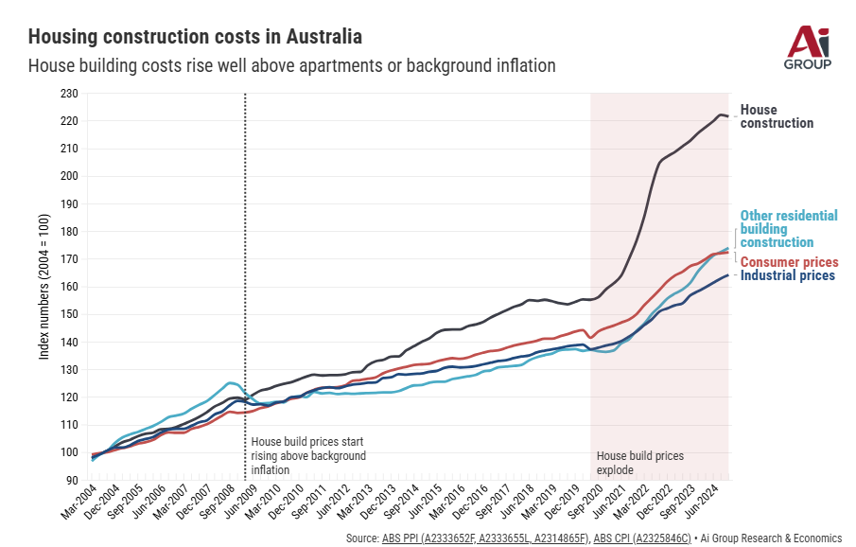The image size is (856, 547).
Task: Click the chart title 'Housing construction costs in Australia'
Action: (x=195, y=37)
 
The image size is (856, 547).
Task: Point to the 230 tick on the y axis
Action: (x=68, y=94)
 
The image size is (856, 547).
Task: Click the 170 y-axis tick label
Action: (x=68, y=259)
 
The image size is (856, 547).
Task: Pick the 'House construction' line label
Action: (x=776, y=116)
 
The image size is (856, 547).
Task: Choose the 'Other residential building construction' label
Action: (x=788, y=229)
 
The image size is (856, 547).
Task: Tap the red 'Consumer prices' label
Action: (x=789, y=262)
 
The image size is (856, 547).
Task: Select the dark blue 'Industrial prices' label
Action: (x=787, y=275)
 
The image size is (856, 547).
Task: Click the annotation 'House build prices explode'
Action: (x=639, y=463)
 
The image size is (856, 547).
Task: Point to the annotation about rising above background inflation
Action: (x=307, y=456)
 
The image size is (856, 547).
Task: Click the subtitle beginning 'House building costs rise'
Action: (x=291, y=66)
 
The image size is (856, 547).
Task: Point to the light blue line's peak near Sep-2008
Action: (x=230, y=382)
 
